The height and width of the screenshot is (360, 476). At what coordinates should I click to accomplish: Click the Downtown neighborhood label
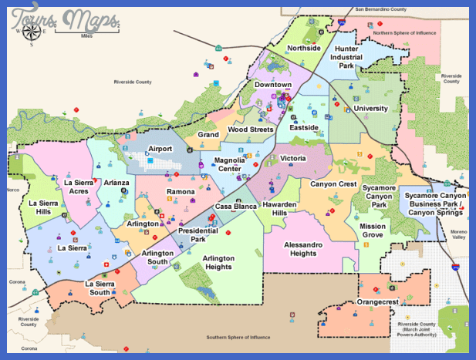(x=274, y=85)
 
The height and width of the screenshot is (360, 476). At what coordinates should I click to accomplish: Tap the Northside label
(x=303, y=49)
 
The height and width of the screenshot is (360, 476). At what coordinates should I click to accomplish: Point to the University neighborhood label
(x=370, y=109)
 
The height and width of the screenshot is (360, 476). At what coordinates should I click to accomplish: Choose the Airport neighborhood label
(x=160, y=149)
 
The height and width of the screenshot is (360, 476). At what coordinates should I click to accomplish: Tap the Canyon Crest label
(x=333, y=184)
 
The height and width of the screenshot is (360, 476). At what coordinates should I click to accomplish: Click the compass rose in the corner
(x=32, y=31)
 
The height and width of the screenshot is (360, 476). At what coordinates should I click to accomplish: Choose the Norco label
(x=12, y=190)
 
